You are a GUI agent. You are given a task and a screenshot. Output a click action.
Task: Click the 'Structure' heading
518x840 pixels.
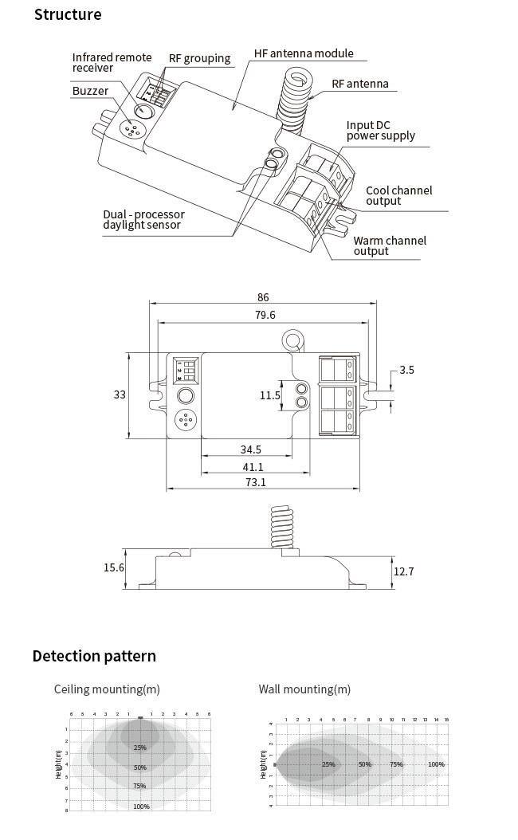click(x=68, y=15)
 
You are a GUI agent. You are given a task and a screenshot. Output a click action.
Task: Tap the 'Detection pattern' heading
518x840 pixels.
click(x=94, y=657)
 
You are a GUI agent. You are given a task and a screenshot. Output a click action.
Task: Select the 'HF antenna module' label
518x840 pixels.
click(x=304, y=53)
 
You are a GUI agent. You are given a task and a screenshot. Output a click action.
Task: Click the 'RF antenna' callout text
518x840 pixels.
click(x=360, y=84)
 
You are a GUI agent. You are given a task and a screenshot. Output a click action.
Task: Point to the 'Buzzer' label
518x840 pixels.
click(x=90, y=92)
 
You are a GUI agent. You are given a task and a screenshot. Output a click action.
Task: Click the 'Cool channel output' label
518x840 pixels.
click(x=398, y=196)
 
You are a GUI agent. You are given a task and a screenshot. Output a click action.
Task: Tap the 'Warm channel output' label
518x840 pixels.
click(x=390, y=246)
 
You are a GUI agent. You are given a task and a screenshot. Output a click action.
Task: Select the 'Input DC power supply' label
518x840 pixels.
click(x=380, y=131)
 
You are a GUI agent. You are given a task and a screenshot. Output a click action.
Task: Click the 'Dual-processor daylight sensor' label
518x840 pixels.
click(x=143, y=220)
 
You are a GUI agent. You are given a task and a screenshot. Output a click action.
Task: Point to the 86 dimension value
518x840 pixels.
click(x=263, y=297)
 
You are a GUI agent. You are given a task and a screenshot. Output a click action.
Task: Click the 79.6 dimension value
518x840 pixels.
click(x=264, y=316)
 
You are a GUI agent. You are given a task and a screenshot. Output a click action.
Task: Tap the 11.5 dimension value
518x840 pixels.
click(x=270, y=395)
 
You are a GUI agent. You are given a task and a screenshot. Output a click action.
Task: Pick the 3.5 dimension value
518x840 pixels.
click(x=406, y=371)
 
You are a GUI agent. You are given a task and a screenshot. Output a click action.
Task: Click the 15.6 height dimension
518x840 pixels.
click(x=114, y=567)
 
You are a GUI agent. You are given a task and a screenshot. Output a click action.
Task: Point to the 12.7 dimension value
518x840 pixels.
click(x=404, y=571)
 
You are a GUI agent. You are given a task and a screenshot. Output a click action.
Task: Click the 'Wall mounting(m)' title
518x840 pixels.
click(x=304, y=689)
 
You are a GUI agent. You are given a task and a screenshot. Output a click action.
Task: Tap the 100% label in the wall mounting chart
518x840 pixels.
click(x=436, y=764)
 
